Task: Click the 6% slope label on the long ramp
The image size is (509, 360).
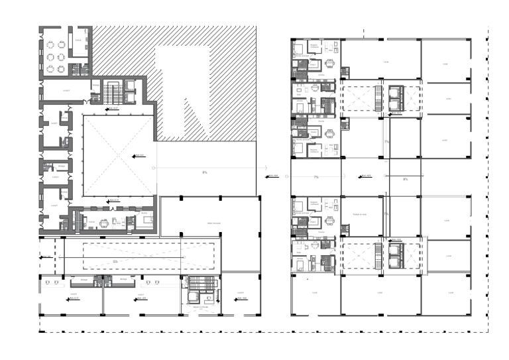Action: coord(115,262)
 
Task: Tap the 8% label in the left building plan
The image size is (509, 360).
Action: coord(205,172)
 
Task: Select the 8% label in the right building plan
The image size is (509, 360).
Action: coord(405,179)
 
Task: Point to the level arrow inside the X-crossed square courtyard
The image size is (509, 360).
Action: coord(139,156)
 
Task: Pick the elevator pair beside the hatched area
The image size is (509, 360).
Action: coord(130,93)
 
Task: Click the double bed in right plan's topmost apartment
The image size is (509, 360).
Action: coord(300,48)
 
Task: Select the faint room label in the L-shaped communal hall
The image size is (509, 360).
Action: coord(213,223)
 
